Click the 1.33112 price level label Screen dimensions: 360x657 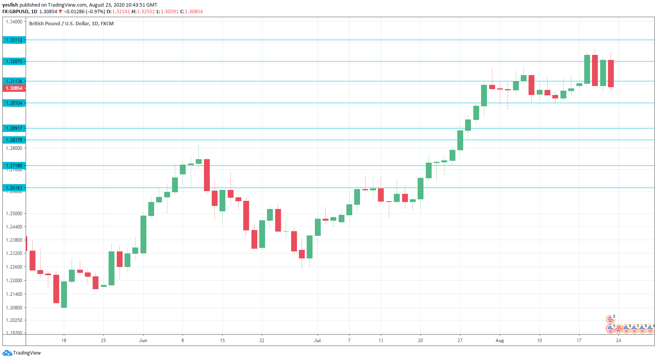14,40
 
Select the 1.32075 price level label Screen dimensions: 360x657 14,61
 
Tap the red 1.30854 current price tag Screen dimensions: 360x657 14,88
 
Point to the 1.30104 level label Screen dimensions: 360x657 14,103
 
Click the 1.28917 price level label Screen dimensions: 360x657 14,128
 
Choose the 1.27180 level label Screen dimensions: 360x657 14,166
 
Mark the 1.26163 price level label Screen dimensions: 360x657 14,188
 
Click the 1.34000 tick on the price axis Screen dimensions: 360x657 14,22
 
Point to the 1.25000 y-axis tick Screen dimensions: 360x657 14,214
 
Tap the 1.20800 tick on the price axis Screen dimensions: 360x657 14,308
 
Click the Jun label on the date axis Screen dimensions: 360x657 143,341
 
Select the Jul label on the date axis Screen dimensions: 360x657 317,341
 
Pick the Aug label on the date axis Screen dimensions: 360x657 500,341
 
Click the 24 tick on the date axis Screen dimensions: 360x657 618,341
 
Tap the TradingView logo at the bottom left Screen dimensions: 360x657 22,353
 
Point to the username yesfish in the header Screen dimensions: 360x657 10,5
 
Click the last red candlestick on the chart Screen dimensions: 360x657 611,74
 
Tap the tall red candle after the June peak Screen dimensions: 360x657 207,175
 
